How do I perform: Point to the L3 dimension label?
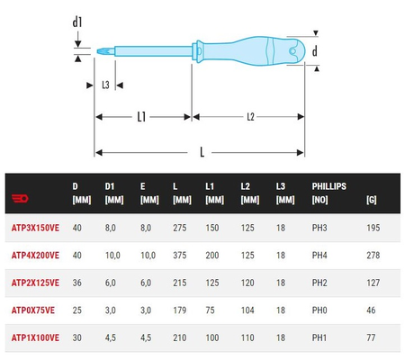[x=105, y=85]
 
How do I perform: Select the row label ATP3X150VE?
[x=34, y=229]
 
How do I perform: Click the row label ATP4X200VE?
[x=34, y=256]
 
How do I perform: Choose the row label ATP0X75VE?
[x=32, y=310]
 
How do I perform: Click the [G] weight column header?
[x=372, y=199]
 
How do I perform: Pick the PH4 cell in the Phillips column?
[x=320, y=256]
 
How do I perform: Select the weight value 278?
[x=373, y=256]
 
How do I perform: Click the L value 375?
[x=178, y=256]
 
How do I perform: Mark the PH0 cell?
[x=320, y=310]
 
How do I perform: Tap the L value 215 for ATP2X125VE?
[x=178, y=283]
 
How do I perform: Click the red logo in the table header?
[x=19, y=199]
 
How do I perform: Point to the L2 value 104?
[x=247, y=310]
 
